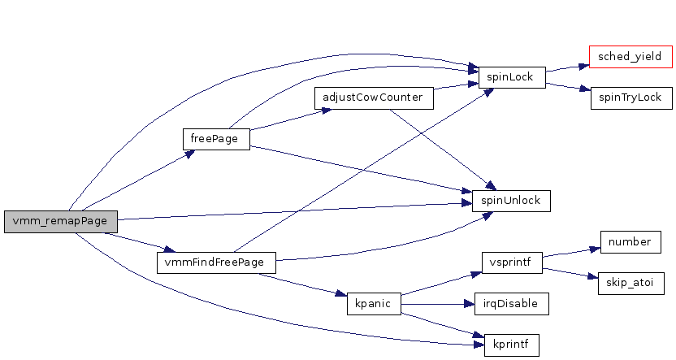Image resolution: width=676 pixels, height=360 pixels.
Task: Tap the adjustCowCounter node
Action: tap(373, 98)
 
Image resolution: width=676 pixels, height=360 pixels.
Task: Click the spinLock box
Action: tap(511, 78)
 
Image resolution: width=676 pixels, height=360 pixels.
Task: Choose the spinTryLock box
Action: tap(630, 98)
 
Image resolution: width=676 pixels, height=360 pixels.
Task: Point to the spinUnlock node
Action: tap(511, 200)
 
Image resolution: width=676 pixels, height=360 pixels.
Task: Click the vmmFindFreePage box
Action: tap(214, 263)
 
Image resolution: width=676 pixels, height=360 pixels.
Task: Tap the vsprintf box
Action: tap(511, 262)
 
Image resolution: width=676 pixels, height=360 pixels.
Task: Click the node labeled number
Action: tap(628, 242)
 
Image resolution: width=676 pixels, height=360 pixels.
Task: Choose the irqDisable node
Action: tap(511, 304)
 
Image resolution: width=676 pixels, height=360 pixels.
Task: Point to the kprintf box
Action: tap(511, 345)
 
